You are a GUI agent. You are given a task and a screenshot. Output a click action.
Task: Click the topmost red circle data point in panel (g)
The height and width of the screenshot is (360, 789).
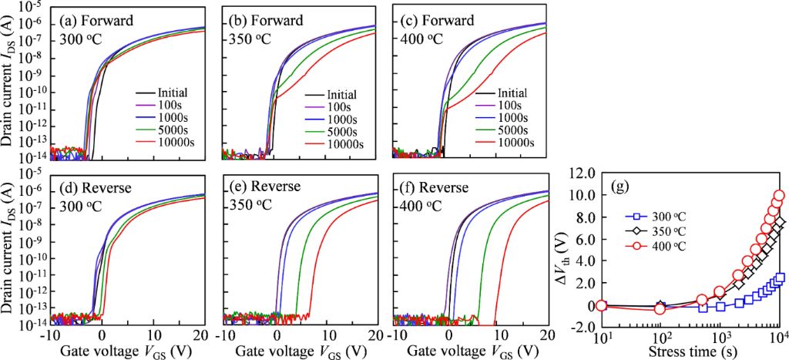pos(778,196)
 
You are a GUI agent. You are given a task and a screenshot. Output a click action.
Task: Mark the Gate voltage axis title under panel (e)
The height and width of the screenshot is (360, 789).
pos(301,351)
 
